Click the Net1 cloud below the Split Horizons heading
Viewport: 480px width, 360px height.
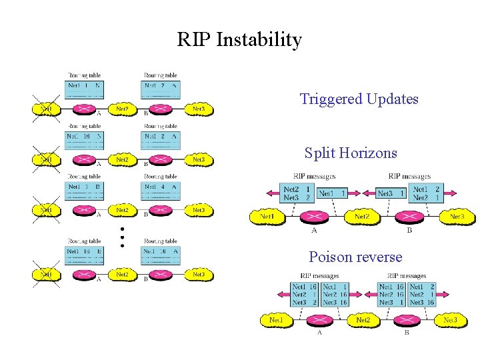tap(267, 217)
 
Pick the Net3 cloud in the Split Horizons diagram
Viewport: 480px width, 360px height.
tap(457, 217)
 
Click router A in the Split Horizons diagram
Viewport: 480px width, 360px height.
tap(314, 217)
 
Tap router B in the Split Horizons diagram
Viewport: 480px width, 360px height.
tap(409, 217)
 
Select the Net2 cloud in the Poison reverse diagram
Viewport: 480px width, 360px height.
tap(363, 320)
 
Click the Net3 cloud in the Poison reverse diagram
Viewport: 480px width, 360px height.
tap(451, 320)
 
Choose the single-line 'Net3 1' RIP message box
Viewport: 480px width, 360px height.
tap(391, 193)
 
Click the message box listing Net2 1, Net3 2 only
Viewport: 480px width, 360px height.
tap(297, 193)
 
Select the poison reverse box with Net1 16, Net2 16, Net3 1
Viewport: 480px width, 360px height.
tap(391, 294)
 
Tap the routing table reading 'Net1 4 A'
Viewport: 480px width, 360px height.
tap(161, 191)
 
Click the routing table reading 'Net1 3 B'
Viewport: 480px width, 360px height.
tap(85, 191)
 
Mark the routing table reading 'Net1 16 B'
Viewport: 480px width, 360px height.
tap(85, 255)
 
